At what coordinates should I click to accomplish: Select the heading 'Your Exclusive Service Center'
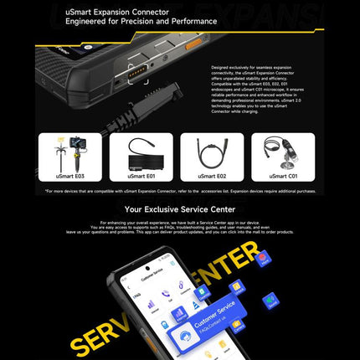point(179,209)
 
